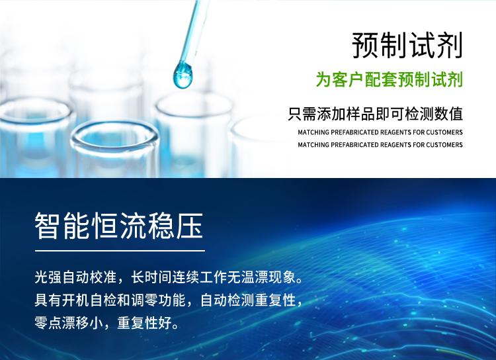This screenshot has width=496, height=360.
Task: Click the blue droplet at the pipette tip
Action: (x=183, y=75)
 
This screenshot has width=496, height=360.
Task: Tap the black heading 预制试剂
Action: (x=407, y=45)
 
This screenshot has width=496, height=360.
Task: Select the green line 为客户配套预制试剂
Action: (x=390, y=79)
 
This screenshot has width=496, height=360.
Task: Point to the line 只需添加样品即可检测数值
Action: (x=376, y=114)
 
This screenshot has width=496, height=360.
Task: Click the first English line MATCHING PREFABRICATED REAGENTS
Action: (x=380, y=132)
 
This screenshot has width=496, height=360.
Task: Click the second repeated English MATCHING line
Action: (x=380, y=145)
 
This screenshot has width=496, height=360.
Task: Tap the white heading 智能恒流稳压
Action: (x=119, y=226)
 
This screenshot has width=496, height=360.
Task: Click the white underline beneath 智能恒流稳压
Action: (x=120, y=251)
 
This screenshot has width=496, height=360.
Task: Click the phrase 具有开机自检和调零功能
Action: (x=110, y=300)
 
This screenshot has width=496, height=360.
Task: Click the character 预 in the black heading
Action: (x=366, y=45)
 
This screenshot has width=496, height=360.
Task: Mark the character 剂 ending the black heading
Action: (x=450, y=45)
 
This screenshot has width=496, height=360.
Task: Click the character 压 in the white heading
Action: (x=190, y=226)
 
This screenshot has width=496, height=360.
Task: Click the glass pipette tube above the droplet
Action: (x=194, y=32)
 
